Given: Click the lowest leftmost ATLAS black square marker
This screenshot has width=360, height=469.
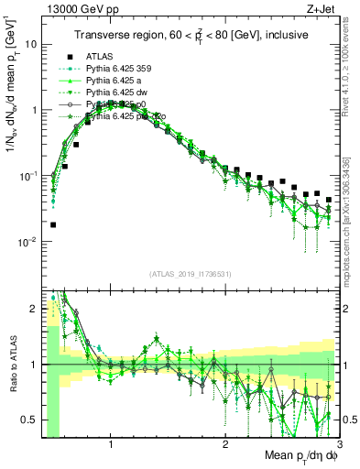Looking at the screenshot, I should (53, 224).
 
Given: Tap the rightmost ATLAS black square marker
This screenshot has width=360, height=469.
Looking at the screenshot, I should (328, 199).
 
